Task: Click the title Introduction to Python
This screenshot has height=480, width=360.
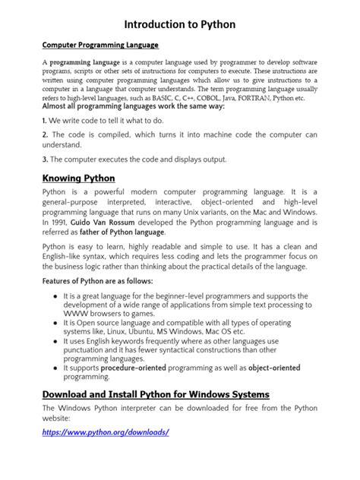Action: [180, 24]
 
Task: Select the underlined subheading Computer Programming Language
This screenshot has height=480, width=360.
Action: [99, 46]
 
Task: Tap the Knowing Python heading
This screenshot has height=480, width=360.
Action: [78, 178]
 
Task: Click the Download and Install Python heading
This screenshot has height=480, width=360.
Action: [156, 394]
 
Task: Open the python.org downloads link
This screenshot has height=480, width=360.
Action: [106, 432]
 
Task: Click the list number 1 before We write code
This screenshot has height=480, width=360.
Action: [44, 121]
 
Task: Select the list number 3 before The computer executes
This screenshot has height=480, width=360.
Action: [44, 159]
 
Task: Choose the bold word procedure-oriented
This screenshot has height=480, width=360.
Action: [134, 368]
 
